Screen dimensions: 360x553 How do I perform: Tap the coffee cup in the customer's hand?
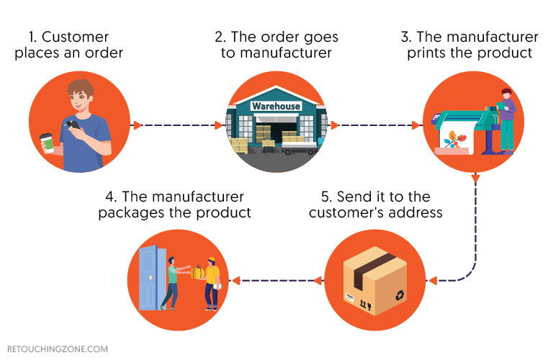click(47, 142)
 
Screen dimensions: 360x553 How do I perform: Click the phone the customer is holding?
click(73, 126)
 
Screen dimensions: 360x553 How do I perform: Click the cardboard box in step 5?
click(373, 281)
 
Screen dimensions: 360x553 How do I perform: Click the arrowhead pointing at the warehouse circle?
click(220, 125)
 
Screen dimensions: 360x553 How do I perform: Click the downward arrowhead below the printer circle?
click(475, 178)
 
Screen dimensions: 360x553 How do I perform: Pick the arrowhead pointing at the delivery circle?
click(235, 280)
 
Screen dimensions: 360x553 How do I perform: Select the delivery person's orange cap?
click(211, 259)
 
